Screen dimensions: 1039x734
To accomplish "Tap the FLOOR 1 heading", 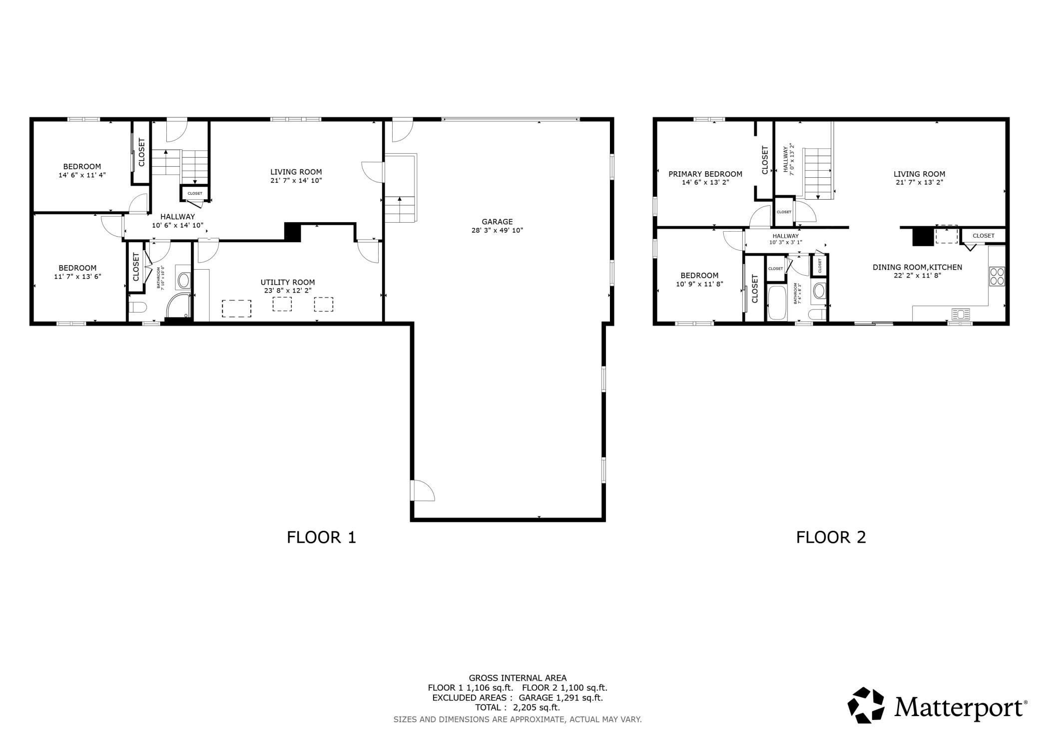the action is [321, 537].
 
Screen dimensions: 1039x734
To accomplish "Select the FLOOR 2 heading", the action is [831, 537].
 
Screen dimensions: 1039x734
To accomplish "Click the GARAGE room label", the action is [497, 222].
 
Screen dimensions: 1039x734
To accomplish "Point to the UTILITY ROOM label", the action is [288, 282].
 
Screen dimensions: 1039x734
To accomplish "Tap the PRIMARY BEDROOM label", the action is [705, 174].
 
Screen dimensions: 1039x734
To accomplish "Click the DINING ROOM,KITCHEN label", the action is [918, 267].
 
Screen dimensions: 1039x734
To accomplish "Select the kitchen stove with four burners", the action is [997, 276].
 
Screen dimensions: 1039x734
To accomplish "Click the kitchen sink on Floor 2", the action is [961, 314].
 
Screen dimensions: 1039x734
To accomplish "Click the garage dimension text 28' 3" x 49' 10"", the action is [497, 231].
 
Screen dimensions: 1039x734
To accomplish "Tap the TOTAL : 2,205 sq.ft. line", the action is [518, 708].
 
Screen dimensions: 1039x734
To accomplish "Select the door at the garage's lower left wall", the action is [423, 490].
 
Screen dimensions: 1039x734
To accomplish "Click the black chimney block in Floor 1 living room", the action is [293, 232].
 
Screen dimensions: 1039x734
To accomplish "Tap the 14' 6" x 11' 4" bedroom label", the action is [82, 175].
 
